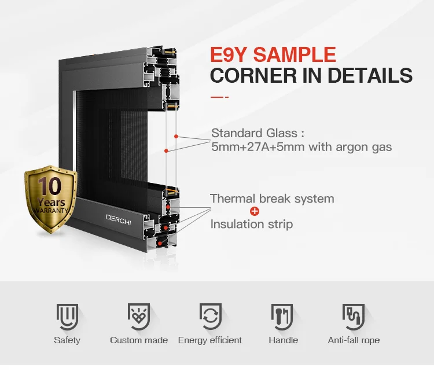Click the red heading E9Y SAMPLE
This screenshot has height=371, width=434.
[x=273, y=54]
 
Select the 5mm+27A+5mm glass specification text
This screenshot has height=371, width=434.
[x=301, y=147]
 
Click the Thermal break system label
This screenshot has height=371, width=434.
[x=272, y=199]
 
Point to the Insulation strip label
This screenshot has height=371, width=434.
[x=251, y=224]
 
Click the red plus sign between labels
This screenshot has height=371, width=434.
[x=254, y=211]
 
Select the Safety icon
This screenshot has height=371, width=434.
[x=67, y=316]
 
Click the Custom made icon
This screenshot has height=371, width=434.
[x=139, y=316]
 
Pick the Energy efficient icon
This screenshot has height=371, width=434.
[x=210, y=316]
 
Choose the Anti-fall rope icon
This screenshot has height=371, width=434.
[x=354, y=316]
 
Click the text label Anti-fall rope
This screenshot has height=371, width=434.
[x=354, y=340]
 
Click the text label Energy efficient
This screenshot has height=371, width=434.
[x=210, y=340]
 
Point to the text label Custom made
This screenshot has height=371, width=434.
[x=139, y=340]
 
